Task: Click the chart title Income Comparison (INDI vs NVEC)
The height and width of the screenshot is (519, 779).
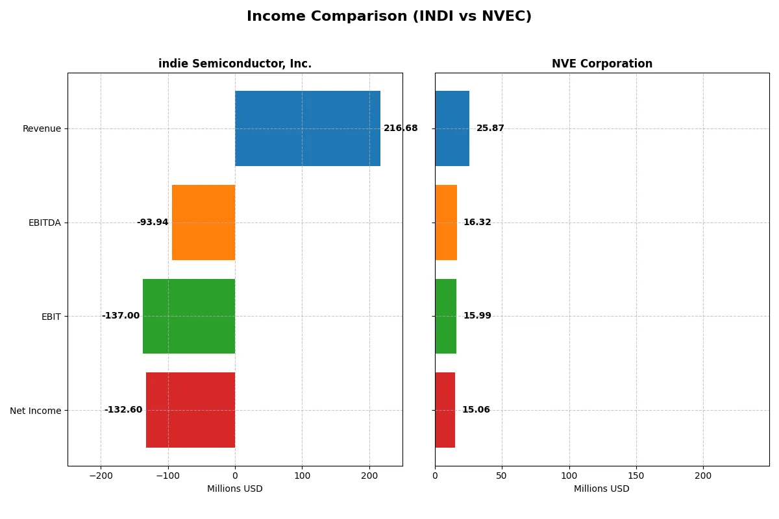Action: [389, 17]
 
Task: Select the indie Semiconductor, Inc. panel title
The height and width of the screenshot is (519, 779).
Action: [235, 64]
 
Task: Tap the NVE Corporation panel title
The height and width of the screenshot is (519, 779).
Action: [602, 64]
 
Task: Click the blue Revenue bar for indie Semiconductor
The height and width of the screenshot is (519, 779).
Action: [308, 128]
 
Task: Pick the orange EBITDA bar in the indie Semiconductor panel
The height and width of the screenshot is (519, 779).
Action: [203, 223]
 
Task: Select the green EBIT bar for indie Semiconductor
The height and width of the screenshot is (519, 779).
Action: [189, 316]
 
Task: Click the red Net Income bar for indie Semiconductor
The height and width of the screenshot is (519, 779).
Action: [190, 410]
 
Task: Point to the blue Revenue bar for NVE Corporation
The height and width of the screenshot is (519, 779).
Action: [452, 128]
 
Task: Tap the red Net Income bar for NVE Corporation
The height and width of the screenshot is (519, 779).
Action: [445, 410]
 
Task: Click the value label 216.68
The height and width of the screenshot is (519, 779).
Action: [401, 128]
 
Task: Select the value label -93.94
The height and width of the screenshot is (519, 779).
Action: [153, 223]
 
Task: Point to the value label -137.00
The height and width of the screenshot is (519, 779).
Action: [121, 316]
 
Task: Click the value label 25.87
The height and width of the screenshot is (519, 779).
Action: [490, 128]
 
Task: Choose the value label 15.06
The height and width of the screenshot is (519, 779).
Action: [476, 410]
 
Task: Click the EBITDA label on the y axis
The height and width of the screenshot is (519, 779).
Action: [44, 223]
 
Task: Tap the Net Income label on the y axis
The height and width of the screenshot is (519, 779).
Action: [35, 411]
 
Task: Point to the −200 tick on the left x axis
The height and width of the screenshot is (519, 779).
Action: [101, 476]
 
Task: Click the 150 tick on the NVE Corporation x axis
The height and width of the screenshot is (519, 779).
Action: [636, 476]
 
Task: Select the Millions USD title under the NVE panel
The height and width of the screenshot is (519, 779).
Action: [601, 489]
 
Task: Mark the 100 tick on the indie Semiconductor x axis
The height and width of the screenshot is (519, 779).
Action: [302, 476]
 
